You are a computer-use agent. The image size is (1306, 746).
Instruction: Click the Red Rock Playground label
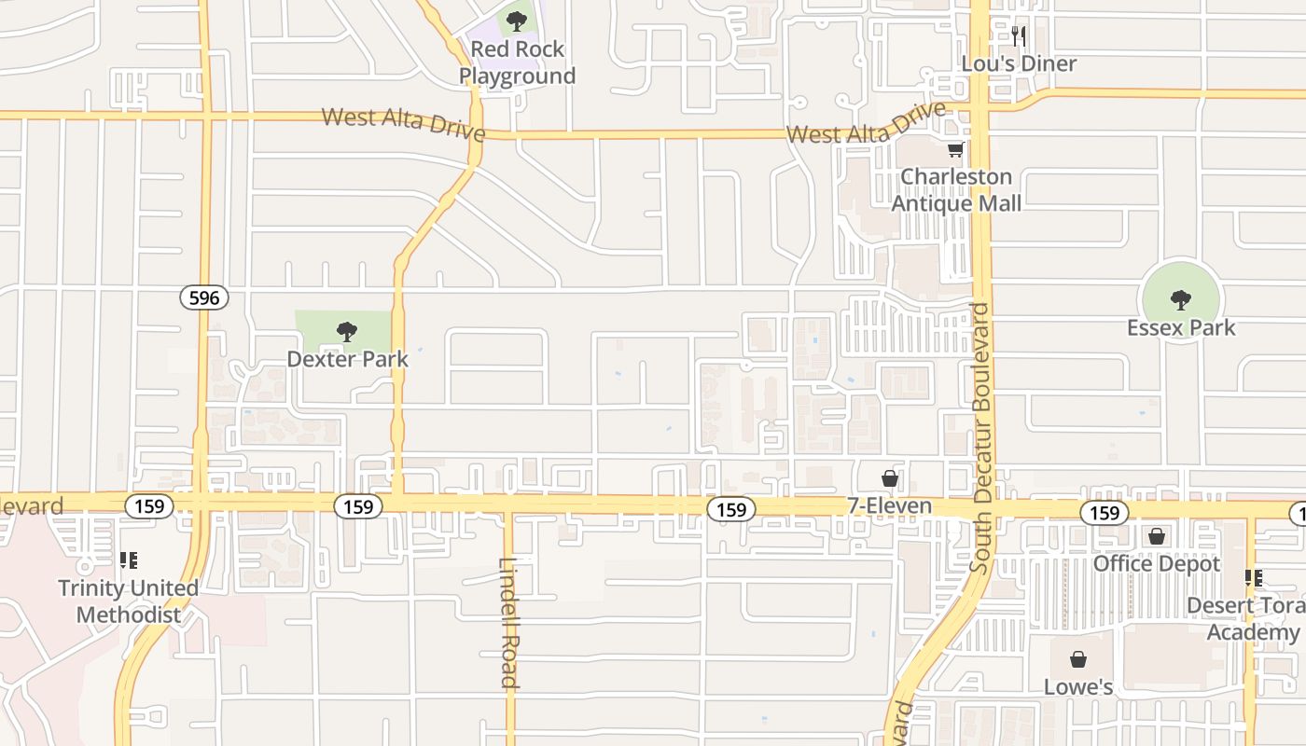tap(517, 62)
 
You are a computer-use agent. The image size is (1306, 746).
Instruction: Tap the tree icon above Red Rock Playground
tap(517, 21)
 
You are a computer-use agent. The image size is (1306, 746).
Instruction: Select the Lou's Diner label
tap(1020, 63)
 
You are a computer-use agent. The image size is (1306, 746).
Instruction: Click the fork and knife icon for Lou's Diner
tap(1019, 36)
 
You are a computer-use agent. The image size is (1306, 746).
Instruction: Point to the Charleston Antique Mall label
tap(956, 190)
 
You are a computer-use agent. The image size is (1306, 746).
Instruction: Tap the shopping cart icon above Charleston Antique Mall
tap(955, 150)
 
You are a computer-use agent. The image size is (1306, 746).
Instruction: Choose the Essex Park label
tap(1180, 327)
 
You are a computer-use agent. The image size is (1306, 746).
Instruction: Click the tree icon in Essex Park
tap(1181, 300)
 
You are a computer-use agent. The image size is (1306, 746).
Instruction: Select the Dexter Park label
tap(347, 358)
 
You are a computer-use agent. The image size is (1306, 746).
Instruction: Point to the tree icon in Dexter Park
tap(347, 331)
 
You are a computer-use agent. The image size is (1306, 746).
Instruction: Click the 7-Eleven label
tap(889, 505)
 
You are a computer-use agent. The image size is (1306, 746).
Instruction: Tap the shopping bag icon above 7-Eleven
tap(890, 478)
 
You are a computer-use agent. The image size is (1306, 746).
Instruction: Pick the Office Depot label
tap(1157, 563)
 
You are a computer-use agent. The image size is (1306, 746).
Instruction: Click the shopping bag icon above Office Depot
tap(1157, 536)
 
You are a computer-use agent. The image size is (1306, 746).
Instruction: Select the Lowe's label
tap(1078, 687)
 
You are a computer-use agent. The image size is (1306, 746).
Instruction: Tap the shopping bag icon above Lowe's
tap(1078, 660)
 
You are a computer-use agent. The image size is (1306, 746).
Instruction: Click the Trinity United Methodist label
tap(128, 601)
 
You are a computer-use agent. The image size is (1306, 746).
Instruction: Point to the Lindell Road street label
tap(507, 622)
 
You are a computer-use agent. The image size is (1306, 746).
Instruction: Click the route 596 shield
tap(204, 298)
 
